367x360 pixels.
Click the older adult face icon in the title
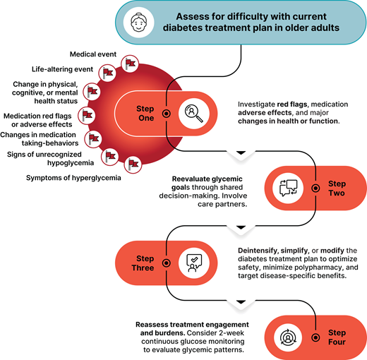pos(139,23)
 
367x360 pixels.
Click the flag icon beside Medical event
pos(129,64)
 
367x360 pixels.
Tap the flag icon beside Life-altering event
pos(107,73)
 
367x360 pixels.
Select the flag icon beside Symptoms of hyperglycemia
pos(132,164)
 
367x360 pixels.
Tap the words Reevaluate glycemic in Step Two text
pos(201,179)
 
